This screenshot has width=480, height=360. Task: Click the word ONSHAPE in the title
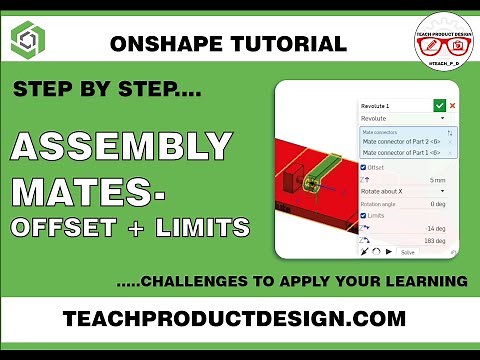[159, 43]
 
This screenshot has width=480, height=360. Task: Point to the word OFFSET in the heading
[62, 228]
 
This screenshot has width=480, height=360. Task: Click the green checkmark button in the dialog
[438, 105]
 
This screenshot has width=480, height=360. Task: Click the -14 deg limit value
[436, 228]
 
